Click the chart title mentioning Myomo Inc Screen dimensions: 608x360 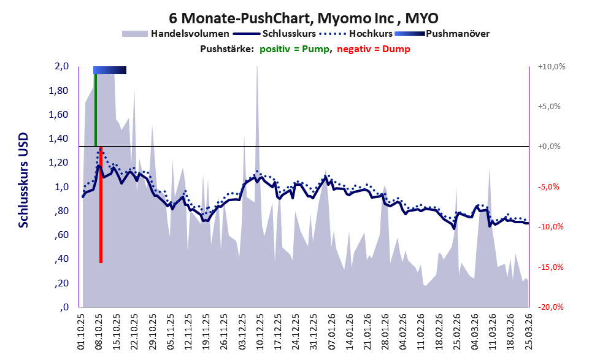point(304,18)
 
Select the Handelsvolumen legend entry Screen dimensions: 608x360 point(175,34)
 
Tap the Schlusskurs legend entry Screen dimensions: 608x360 point(274,34)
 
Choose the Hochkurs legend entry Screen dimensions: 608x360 point(356,34)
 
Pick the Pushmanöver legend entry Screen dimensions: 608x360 point(442,34)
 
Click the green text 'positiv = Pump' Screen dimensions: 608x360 point(294,49)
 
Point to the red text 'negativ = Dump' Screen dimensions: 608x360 point(374,49)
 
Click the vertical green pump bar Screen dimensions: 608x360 point(96,110)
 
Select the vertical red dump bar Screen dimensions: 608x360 point(101,205)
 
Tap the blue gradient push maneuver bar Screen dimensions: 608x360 point(110,70)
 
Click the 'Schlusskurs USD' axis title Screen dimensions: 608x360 point(24,180)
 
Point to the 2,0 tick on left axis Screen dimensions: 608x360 point(61,66)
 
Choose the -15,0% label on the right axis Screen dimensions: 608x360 point(550,267)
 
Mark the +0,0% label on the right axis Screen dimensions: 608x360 point(549,147)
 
